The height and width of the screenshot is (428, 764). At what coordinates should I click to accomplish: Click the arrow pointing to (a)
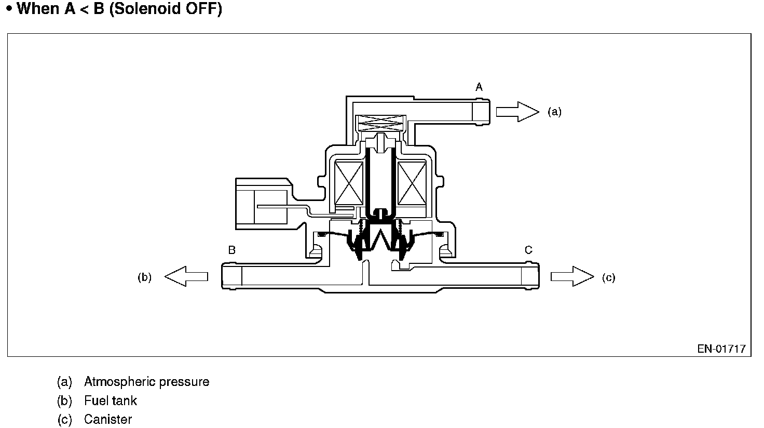(x=517, y=112)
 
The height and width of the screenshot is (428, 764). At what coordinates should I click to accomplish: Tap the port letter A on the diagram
(x=479, y=87)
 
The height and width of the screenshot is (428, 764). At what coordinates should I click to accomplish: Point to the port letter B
(x=232, y=250)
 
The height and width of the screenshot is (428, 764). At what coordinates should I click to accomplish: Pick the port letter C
(x=528, y=250)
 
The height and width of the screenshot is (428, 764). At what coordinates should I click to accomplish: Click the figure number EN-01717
(x=721, y=349)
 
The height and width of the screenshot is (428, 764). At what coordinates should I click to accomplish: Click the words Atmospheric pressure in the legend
(x=146, y=382)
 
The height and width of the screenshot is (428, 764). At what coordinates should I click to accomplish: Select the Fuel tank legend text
(x=111, y=400)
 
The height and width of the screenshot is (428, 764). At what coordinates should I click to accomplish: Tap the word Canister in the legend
(x=108, y=419)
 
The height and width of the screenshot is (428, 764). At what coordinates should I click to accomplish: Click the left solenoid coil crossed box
(x=349, y=182)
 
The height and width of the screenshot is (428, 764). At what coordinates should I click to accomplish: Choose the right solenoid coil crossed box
(x=412, y=182)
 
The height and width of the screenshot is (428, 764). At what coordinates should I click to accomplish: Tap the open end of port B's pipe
(x=224, y=276)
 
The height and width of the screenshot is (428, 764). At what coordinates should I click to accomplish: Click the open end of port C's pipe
(x=537, y=276)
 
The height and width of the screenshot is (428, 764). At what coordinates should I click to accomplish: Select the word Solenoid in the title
(x=147, y=9)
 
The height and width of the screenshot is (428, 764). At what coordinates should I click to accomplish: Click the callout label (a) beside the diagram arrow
(x=554, y=112)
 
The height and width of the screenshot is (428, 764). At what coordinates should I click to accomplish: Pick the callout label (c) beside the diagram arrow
(x=608, y=277)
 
